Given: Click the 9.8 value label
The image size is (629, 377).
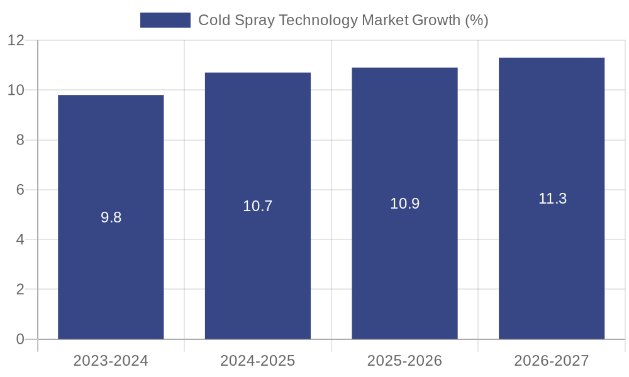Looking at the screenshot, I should coord(111,217).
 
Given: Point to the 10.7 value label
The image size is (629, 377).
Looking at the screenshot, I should coord(258,206).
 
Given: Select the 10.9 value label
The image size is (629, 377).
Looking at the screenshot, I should coord(404,204).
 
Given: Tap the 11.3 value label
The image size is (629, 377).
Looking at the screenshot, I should coord(552,199).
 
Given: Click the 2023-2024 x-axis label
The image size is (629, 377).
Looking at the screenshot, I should coord(111,361).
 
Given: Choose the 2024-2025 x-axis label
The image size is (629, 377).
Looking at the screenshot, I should coord(258,361).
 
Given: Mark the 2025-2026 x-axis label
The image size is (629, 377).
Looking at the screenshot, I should coord(404,361).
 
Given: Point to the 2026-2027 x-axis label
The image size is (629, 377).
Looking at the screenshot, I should coord(552,361).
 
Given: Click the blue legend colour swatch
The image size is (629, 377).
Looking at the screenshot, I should coord(165,20).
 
